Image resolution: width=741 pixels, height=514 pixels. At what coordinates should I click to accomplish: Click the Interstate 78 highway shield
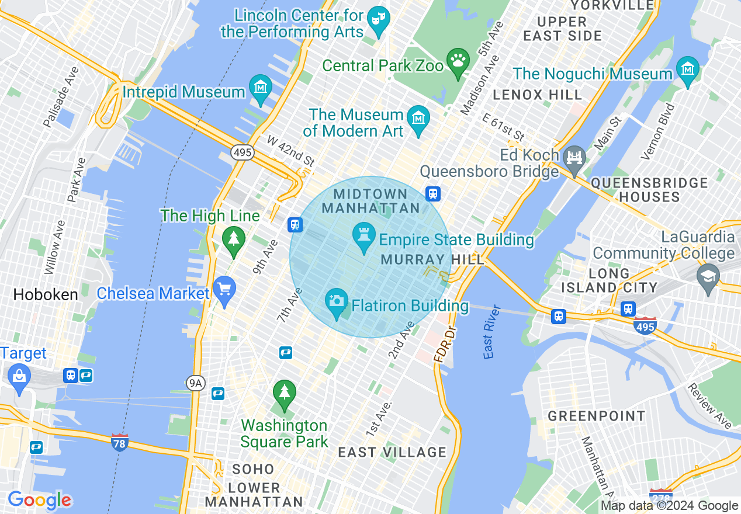pos(120,442)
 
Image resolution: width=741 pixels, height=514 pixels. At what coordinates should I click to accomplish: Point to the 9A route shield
pos(196,383)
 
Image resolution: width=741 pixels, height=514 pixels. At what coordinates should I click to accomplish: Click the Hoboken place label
pos(46,294)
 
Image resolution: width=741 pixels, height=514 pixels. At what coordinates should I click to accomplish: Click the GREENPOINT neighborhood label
pos(596,416)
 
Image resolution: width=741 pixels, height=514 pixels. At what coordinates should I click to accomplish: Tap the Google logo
pos(39,500)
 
